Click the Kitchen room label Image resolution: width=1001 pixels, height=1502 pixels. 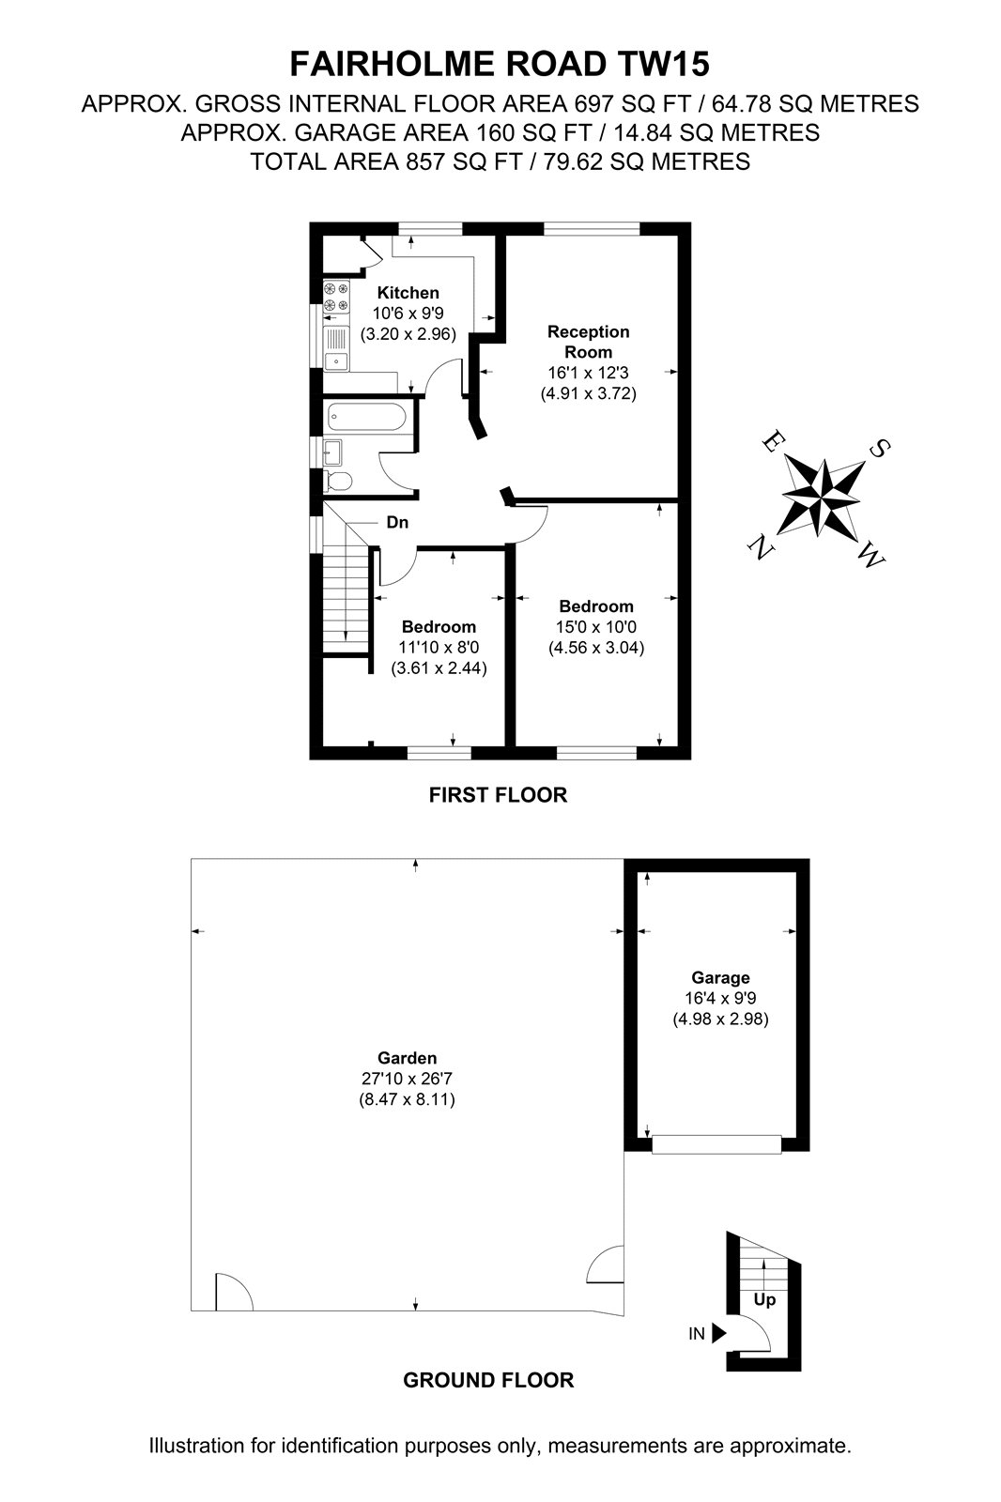(x=408, y=293)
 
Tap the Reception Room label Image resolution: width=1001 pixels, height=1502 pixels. (x=589, y=342)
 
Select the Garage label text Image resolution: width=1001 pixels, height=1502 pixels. (x=720, y=978)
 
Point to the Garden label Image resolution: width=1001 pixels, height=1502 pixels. (x=408, y=1058)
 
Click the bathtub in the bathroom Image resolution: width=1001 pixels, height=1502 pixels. (x=367, y=417)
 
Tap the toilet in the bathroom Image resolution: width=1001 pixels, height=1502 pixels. (x=337, y=481)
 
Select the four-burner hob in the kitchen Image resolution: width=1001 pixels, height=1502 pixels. (x=336, y=297)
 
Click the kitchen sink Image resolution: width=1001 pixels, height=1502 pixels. (x=336, y=348)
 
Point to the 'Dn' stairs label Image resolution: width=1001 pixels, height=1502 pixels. (x=397, y=522)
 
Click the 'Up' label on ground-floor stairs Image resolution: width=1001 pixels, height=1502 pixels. (x=764, y=1299)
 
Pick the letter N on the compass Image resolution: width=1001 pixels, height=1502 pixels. (x=760, y=549)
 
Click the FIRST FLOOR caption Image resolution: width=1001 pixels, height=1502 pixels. (x=498, y=795)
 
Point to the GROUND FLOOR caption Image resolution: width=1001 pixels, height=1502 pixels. (x=488, y=1380)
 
